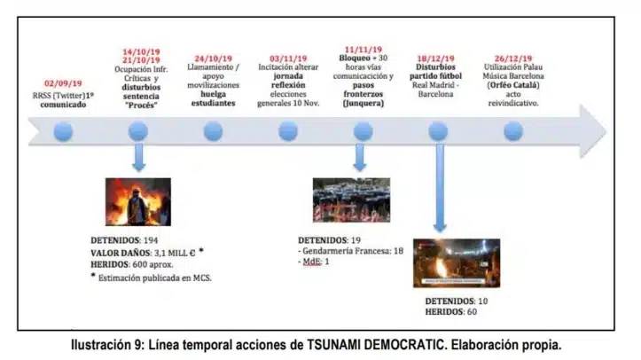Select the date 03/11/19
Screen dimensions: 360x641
coord(288,56)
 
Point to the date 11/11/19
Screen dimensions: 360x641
coord(362,50)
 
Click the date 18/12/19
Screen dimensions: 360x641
coord(437,56)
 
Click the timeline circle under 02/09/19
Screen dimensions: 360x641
coord(63,131)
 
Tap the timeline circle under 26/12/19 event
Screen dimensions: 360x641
coord(512,131)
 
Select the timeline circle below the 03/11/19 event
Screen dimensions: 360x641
coord(288,131)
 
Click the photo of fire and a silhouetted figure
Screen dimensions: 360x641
coord(137,202)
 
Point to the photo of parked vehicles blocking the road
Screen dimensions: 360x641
coord(351,200)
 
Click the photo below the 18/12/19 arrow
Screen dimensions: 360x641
coord(457,262)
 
